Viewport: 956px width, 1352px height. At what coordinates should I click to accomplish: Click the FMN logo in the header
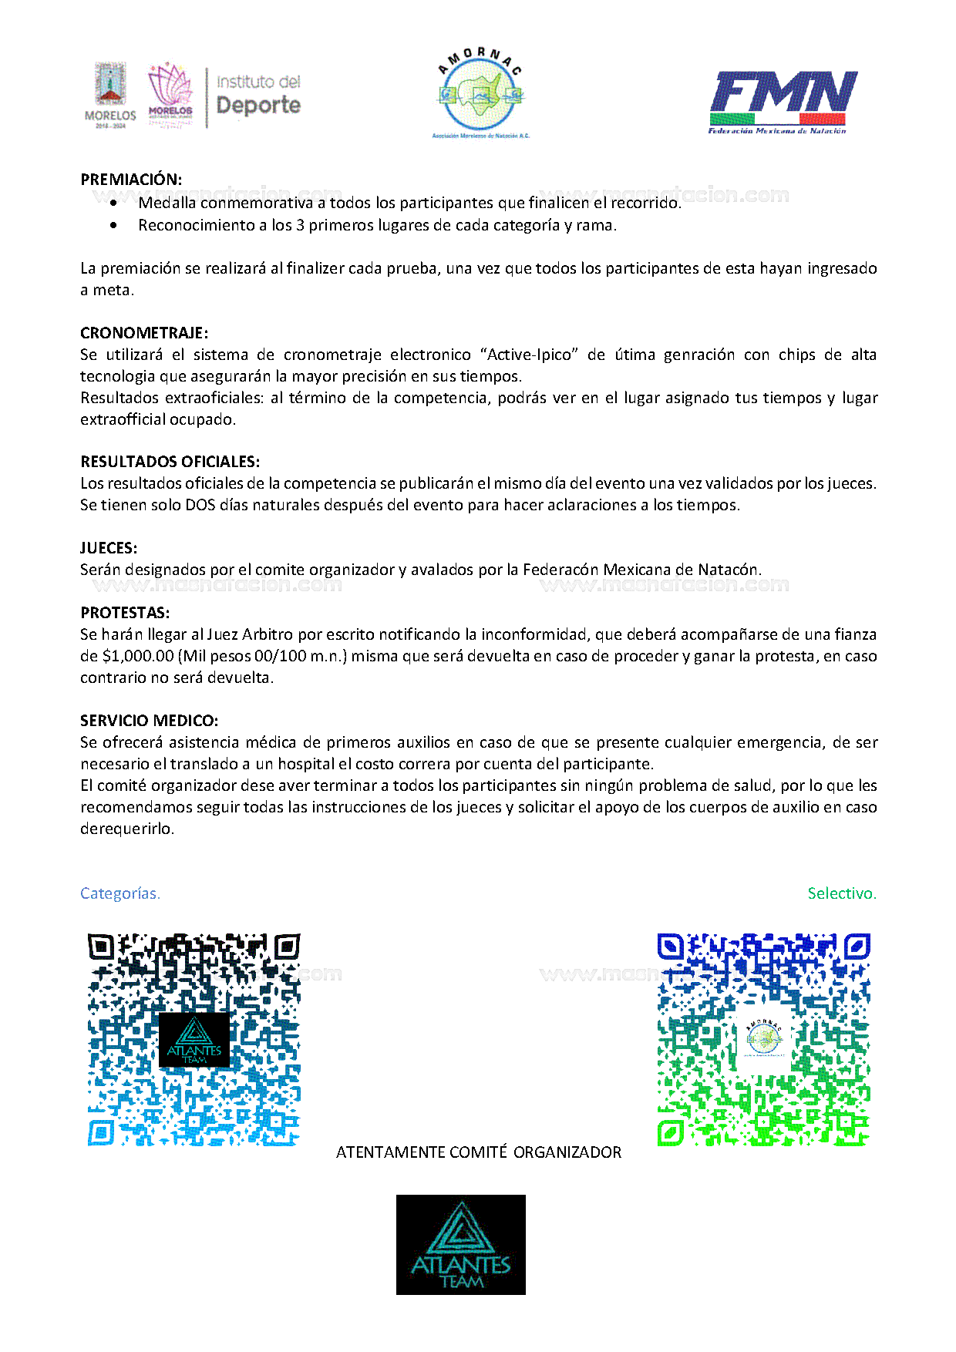point(782,101)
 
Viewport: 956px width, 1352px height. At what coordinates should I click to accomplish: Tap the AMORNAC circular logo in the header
point(480,93)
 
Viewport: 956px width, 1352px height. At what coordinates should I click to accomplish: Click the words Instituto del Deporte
point(258,95)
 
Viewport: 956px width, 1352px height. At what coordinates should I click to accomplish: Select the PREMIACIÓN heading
point(131,180)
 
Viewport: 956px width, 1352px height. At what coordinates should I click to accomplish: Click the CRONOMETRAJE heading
point(144,333)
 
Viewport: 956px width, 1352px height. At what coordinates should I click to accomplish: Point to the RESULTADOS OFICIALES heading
point(170,462)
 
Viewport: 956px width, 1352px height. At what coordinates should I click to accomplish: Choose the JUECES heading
point(109,548)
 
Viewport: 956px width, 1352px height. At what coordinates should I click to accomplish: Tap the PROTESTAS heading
point(125,613)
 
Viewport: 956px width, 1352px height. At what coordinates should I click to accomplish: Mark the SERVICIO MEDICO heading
point(149,721)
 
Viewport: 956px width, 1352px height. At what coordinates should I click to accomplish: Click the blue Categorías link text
point(120,893)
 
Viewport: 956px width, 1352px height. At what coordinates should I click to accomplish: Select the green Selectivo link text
point(842,893)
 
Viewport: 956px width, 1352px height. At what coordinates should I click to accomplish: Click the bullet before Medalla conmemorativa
point(114,203)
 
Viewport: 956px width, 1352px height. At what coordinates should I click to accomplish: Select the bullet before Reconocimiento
point(114,225)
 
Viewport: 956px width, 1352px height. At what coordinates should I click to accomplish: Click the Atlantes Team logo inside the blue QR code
point(194,1040)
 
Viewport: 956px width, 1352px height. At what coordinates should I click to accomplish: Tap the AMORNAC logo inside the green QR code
point(764,1040)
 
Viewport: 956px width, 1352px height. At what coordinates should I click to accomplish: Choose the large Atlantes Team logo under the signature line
point(461,1244)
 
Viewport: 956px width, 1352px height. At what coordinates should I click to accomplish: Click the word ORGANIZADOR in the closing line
point(567,1152)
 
